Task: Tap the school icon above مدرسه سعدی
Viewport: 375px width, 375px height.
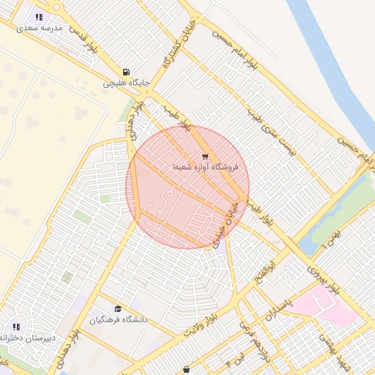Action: tap(39, 16)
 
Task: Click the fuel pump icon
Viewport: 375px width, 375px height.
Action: tap(127, 73)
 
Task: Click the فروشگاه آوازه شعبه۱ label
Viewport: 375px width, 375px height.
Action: tap(209, 167)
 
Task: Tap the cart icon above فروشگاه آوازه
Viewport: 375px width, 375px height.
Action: tap(204, 156)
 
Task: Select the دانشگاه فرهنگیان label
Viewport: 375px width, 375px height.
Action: tap(119, 319)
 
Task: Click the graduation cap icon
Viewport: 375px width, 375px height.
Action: tap(118, 308)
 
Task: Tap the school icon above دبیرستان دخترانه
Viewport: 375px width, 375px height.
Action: tap(16, 327)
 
